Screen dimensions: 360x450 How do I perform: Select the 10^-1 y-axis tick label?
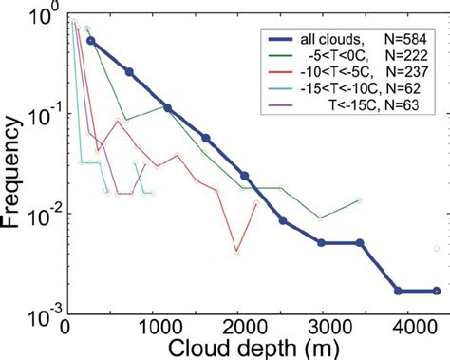[x=41, y=117]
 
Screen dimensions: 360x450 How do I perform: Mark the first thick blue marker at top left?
[x=90, y=41]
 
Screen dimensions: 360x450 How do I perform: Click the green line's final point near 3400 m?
[x=358, y=200]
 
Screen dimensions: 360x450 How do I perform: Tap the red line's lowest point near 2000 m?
[x=237, y=253]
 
